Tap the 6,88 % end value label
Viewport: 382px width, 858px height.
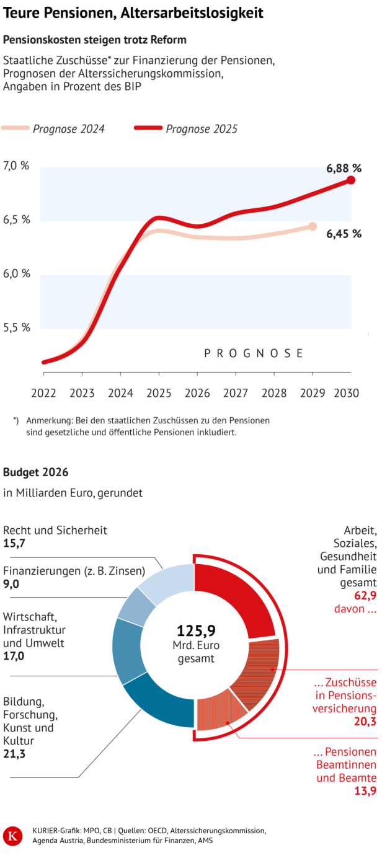point(344,168)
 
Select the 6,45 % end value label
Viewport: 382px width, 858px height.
point(344,234)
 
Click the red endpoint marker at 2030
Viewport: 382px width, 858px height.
point(351,180)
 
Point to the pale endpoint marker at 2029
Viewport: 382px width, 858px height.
point(313,226)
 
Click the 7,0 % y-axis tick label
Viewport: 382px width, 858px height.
point(17,166)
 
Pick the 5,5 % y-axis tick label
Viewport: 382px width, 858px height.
point(17,327)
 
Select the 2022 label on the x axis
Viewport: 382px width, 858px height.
point(43,393)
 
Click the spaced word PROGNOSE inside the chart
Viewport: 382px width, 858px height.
point(254,353)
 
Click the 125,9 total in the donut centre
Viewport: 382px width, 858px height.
point(196,631)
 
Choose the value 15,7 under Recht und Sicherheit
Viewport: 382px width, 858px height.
point(14,543)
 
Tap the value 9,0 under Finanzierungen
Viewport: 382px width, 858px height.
point(11,584)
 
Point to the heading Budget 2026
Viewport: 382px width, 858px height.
point(36,472)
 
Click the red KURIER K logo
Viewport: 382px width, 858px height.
point(11,836)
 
